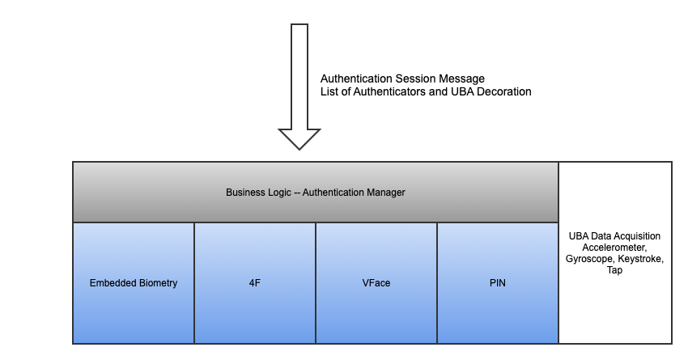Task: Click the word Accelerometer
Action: pyautogui.click(x=615, y=248)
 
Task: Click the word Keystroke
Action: pyautogui.click(x=642, y=259)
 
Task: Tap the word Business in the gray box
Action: pyautogui.click(x=244, y=193)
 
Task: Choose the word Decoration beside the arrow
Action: pyautogui.click(x=503, y=92)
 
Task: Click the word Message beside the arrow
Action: pyautogui.click(x=462, y=78)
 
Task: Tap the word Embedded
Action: pyautogui.click(x=112, y=283)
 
